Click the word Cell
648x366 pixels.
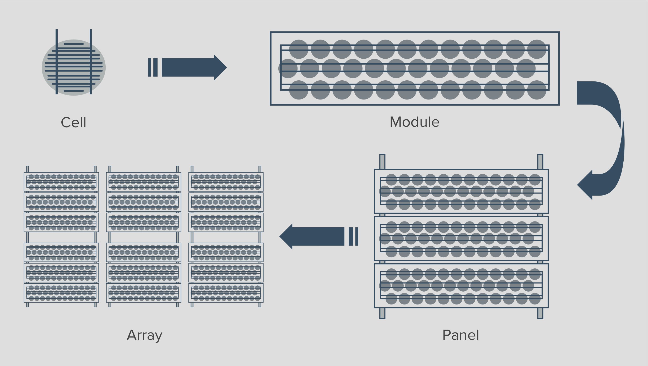pyautogui.click(x=73, y=122)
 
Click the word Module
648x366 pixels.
pyautogui.click(x=414, y=122)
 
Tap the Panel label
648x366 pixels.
pyautogui.click(x=461, y=335)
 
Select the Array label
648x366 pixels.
pyautogui.click(x=144, y=335)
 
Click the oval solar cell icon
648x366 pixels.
pyautogui.click(x=74, y=67)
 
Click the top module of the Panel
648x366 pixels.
pyautogui.click(x=461, y=191)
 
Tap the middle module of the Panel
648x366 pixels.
pyautogui.click(x=461, y=239)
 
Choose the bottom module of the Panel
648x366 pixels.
pyautogui.click(x=461, y=286)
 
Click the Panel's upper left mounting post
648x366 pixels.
pyautogui.click(x=382, y=162)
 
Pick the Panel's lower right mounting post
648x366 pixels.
pyautogui.click(x=540, y=313)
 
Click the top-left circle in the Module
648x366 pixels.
pyautogui.click(x=299, y=49)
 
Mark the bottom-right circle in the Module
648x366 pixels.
pyautogui.click(x=537, y=90)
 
